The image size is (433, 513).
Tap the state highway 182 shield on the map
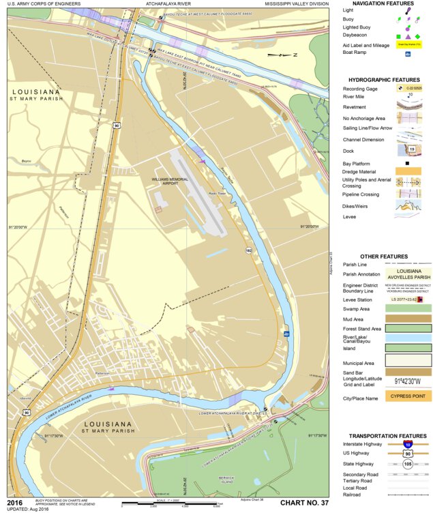(249, 251)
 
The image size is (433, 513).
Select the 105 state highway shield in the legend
(408, 463)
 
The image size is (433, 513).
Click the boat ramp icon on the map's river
(287, 334)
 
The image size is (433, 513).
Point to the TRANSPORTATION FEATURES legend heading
(387, 435)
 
